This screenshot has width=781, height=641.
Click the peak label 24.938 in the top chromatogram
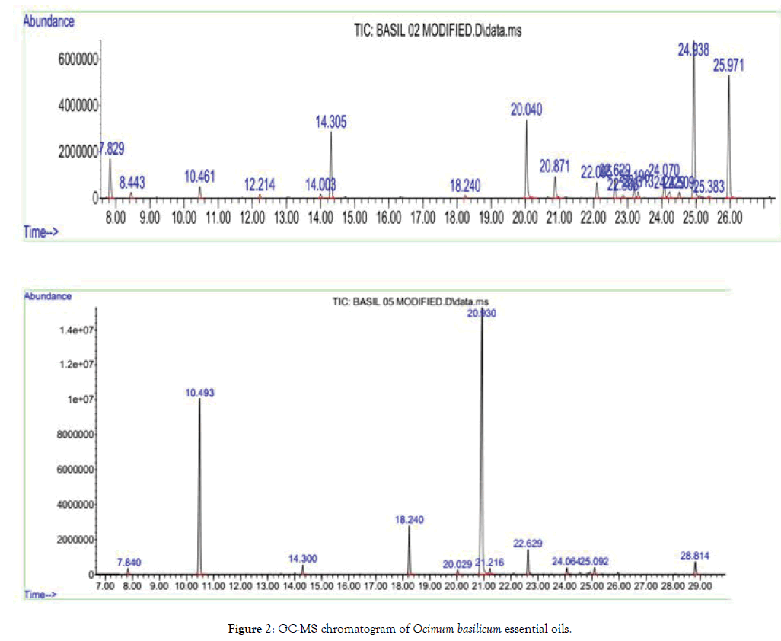(x=693, y=50)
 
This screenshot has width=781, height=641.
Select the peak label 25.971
(x=728, y=65)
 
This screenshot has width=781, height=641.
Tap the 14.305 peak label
(x=332, y=120)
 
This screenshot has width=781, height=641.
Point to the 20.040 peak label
(x=526, y=110)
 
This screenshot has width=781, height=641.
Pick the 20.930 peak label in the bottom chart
(x=482, y=313)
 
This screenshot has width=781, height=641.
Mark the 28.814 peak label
(x=695, y=556)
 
